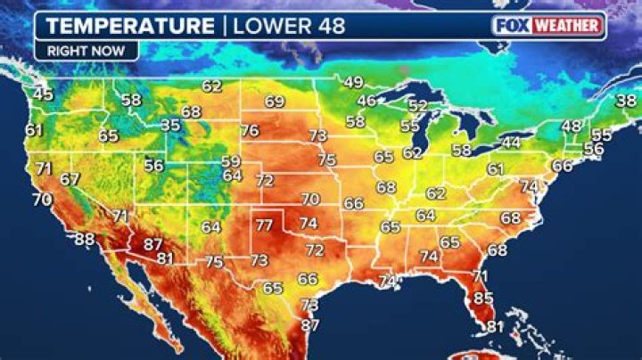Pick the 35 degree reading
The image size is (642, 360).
[x=170, y=126]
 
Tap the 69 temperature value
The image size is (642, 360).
[x=274, y=102]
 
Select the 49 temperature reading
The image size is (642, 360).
[x=354, y=83]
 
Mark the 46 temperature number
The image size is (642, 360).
[x=366, y=102]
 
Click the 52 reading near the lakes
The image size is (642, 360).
[x=417, y=106]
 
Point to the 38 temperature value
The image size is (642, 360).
[x=627, y=102]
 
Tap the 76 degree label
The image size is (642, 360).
[x=250, y=131]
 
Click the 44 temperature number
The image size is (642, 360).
[x=510, y=143]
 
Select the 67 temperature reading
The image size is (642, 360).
[x=70, y=179]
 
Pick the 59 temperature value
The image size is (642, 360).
[x=231, y=161]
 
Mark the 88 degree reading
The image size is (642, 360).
[x=84, y=239]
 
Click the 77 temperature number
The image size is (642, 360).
[x=264, y=225]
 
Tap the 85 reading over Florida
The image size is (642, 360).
[x=483, y=298]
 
